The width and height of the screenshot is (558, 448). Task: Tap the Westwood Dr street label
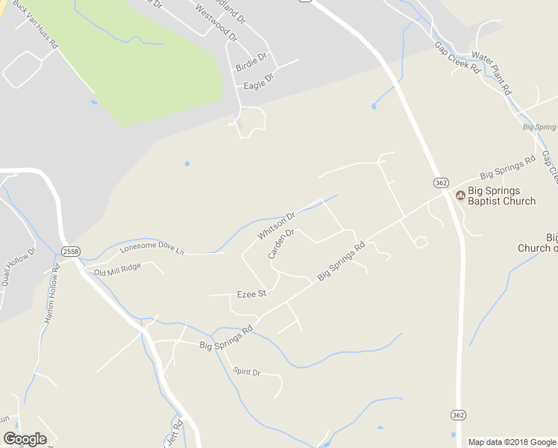[x=215, y=22]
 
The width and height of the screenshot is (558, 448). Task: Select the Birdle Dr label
[x=251, y=63]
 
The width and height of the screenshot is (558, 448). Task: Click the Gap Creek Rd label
[x=457, y=55]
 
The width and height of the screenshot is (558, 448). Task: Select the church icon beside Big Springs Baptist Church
[x=460, y=196]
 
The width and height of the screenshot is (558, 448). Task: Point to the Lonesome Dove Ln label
[x=151, y=248]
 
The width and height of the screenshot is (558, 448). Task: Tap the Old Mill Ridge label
[x=117, y=270]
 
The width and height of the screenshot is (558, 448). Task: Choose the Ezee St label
[x=251, y=294]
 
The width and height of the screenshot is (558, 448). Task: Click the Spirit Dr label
[x=246, y=372]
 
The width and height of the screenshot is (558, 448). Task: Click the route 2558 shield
[x=71, y=252]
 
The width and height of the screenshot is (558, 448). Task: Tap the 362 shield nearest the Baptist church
[x=441, y=182]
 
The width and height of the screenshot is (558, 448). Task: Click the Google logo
[x=25, y=438]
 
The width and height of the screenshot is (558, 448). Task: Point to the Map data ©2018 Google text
[x=512, y=442]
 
